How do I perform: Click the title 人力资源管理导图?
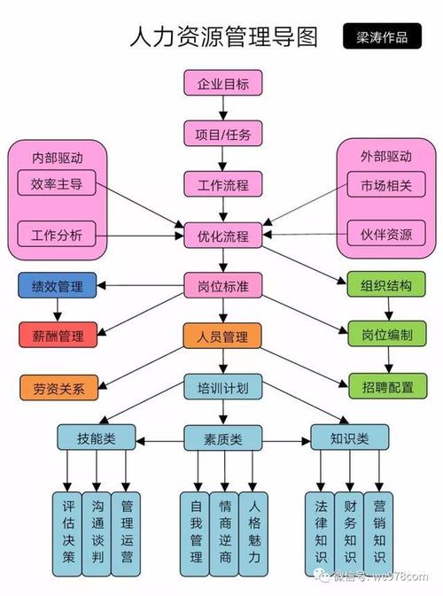pos(223,36)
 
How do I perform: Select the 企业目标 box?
pos(222,85)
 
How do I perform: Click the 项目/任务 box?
pos(222,135)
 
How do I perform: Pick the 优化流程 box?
pos(222,236)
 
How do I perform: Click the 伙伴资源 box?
pos(385,235)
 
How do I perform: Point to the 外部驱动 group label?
pos(385,157)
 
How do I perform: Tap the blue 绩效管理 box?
pos(58,286)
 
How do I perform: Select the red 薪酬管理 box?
pos(58,336)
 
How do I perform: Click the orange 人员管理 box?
pos(222,336)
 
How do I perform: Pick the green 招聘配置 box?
pos(385,386)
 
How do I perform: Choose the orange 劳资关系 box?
pos(58,386)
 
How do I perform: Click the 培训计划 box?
pos(222,386)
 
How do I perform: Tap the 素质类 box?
pos(222,437)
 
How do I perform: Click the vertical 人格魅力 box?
pos(254,530)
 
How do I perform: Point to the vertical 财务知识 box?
pos(351,530)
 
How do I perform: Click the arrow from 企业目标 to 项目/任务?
pos(222,110)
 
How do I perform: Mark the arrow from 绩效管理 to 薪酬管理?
pos(58,311)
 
